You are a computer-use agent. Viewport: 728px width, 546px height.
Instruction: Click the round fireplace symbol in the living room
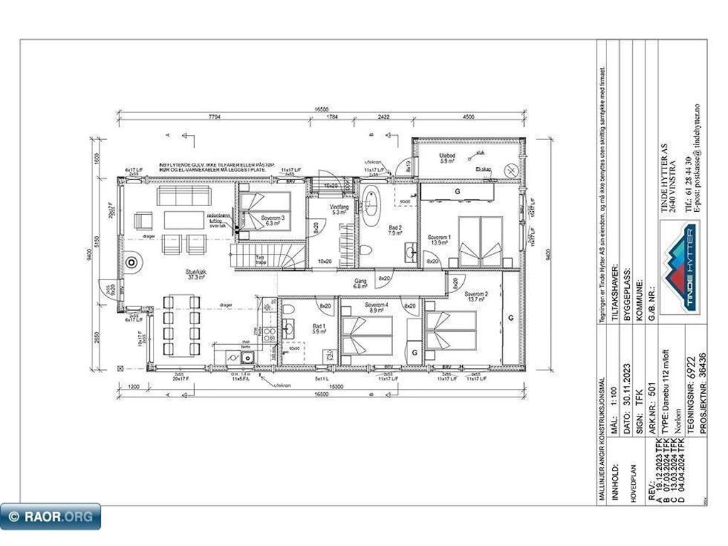pos(132,263)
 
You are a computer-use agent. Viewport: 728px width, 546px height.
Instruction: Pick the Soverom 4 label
pos(375,307)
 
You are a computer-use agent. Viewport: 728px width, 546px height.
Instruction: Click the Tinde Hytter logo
pos(678,267)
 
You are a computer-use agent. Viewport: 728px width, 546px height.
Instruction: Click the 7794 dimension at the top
pos(213,117)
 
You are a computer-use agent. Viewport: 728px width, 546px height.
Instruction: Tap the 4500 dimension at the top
pos(469,117)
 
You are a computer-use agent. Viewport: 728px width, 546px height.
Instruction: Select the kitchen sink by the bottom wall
pos(246,358)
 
